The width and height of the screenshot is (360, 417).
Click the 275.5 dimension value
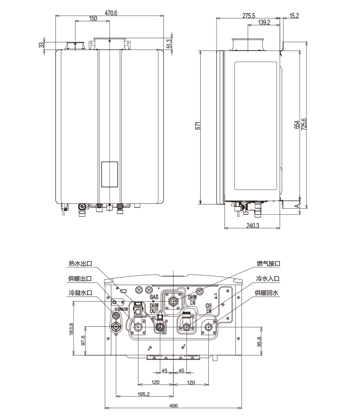(249, 16)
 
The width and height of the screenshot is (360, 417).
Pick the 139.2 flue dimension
(264, 22)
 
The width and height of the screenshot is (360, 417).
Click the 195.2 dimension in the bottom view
(143, 394)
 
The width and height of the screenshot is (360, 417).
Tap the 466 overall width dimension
(174, 405)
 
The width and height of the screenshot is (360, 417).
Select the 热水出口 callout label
(80, 264)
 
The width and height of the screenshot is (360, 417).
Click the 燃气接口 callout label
(269, 264)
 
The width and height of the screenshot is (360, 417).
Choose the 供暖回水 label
(266, 293)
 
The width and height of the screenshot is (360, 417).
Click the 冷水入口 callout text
(269, 278)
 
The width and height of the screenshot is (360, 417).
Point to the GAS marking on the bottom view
(154, 297)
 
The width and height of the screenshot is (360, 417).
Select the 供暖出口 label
(80, 278)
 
